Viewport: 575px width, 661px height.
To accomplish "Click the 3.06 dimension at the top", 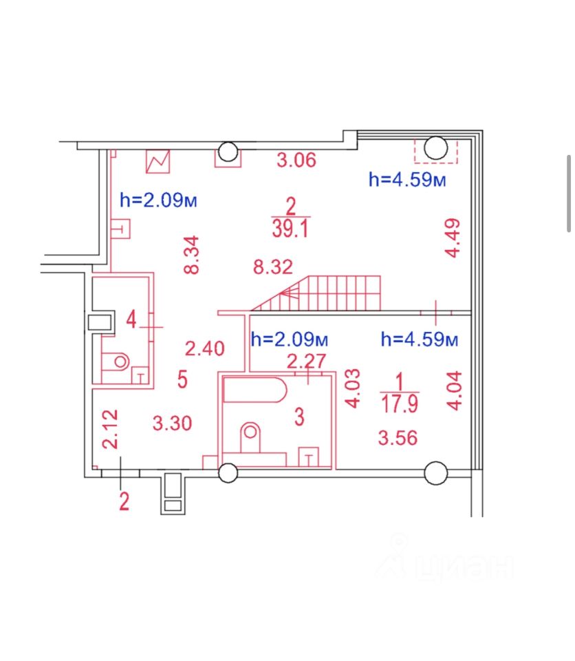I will (x=296, y=161).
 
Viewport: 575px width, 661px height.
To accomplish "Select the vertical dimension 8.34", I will (x=193, y=255).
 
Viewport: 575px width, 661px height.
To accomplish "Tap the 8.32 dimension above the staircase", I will (x=273, y=267).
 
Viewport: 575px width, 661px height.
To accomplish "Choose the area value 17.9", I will (x=399, y=403).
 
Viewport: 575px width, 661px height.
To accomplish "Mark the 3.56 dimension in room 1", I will (x=398, y=437).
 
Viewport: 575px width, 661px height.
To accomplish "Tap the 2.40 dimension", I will (x=205, y=349).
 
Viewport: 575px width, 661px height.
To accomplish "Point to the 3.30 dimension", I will (x=172, y=423).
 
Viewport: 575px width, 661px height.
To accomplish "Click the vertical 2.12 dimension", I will (x=110, y=429).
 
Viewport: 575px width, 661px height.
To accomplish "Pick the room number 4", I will (x=131, y=319).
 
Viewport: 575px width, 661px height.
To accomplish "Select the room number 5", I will (x=182, y=379).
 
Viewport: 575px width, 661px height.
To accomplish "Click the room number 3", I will (x=299, y=417).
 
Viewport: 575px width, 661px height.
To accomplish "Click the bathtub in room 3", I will (x=254, y=391).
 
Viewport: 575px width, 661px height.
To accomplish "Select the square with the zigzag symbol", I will (x=158, y=162).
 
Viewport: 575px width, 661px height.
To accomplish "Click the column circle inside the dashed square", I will (x=435, y=147).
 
